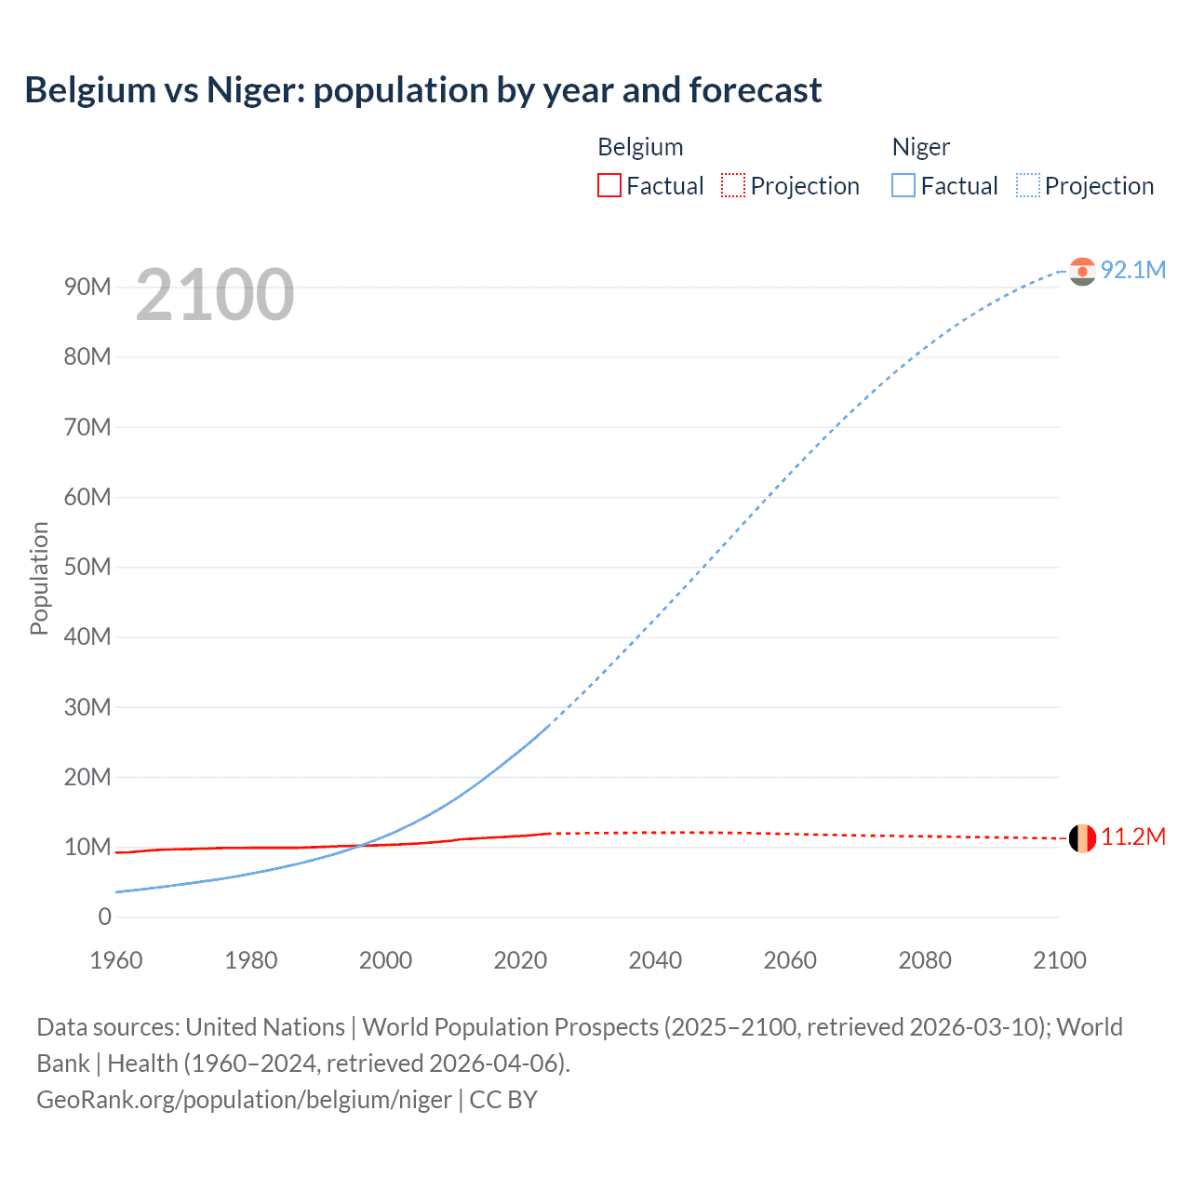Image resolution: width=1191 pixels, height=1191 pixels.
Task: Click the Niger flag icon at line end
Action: (x=1082, y=271)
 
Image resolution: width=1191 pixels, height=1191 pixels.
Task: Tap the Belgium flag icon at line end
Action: (x=1082, y=838)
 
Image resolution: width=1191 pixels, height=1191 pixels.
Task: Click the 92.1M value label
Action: (x=1133, y=270)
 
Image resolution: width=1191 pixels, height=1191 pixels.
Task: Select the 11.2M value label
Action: (x=1133, y=837)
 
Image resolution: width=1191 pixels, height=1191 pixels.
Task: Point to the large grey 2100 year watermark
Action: (x=215, y=295)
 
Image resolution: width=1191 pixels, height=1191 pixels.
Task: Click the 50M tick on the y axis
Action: (x=87, y=568)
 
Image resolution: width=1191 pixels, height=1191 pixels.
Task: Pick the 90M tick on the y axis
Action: (x=87, y=288)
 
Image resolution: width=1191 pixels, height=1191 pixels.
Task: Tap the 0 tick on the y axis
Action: (x=104, y=917)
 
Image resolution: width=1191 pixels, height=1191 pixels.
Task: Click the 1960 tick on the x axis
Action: (x=116, y=960)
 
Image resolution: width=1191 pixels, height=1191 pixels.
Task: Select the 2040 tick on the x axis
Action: (x=655, y=960)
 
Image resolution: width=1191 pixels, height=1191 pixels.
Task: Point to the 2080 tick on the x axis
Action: (x=925, y=960)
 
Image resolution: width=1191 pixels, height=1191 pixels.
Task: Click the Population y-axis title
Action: (x=39, y=578)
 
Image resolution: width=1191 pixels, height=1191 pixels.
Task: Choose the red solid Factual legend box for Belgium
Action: (x=609, y=186)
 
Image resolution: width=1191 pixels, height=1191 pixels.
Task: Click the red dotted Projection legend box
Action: (x=733, y=186)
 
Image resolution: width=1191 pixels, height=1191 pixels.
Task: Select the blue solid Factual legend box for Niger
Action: (x=903, y=186)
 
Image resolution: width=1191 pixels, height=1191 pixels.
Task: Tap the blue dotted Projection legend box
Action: (x=1027, y=186)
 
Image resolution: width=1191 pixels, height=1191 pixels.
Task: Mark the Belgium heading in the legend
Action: (x=640, y=147)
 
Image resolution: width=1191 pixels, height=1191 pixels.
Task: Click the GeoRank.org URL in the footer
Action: (x=244, y=1100)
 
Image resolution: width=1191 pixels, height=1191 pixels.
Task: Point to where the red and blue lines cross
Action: (x=362, y=845)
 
